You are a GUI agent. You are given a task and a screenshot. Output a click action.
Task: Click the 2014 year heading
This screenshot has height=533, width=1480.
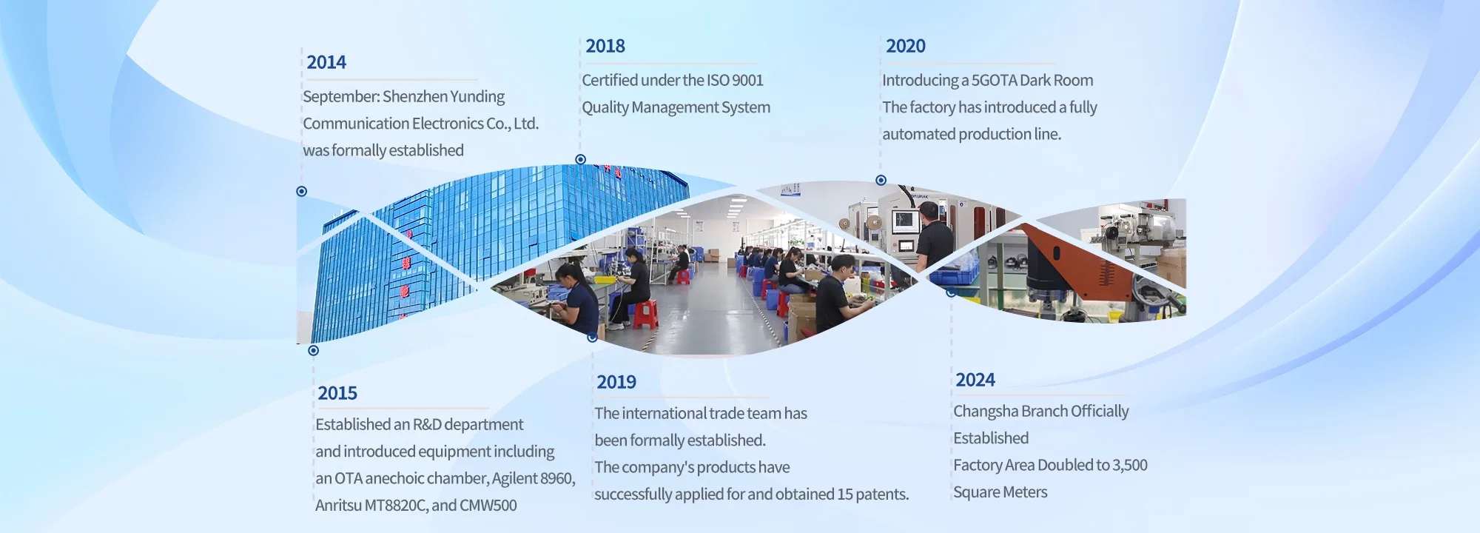click(x=326, y=62)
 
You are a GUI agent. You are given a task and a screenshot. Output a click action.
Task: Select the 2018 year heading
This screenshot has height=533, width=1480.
click(x=605, y=46)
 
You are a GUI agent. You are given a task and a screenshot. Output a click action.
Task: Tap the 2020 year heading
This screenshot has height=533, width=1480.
click(x=906, y=46)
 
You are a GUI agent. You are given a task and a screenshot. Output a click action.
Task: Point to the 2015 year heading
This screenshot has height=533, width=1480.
click(x=337, y=393)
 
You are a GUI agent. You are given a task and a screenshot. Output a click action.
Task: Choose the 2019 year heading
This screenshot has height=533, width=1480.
click(x=616, y=382)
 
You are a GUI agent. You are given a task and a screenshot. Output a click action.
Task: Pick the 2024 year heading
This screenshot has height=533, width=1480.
click(x=975, y=380)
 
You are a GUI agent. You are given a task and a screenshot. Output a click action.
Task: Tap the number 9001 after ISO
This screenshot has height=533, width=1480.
click(x=747, y=80)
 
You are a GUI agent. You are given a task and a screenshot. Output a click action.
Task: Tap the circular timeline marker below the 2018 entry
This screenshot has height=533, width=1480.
click(x=581, y=159)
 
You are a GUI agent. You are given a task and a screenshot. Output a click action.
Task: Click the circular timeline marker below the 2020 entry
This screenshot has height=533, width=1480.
click(x=881, y=180)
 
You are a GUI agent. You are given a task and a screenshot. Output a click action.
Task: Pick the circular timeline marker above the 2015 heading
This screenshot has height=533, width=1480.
click(x=313, y=350)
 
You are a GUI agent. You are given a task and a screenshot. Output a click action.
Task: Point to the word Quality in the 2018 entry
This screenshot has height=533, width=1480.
click(x=605, y=108)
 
